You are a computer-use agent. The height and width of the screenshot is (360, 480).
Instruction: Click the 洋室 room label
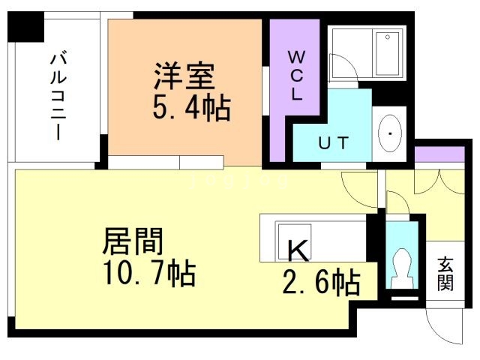coord(184,77)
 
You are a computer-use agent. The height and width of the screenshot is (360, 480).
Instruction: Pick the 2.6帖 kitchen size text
coord(320,283)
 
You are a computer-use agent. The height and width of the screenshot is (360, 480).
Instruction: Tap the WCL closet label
coord(296,75)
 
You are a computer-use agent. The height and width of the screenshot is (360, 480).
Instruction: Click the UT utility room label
coord(333,142)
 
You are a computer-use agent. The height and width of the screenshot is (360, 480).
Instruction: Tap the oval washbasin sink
coord(391,134)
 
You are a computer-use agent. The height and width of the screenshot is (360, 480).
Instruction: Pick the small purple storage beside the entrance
coord(430,154)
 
